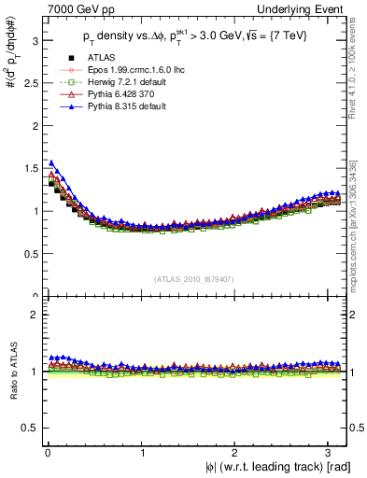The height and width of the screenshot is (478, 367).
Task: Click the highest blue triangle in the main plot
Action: [x=51, y=162]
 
